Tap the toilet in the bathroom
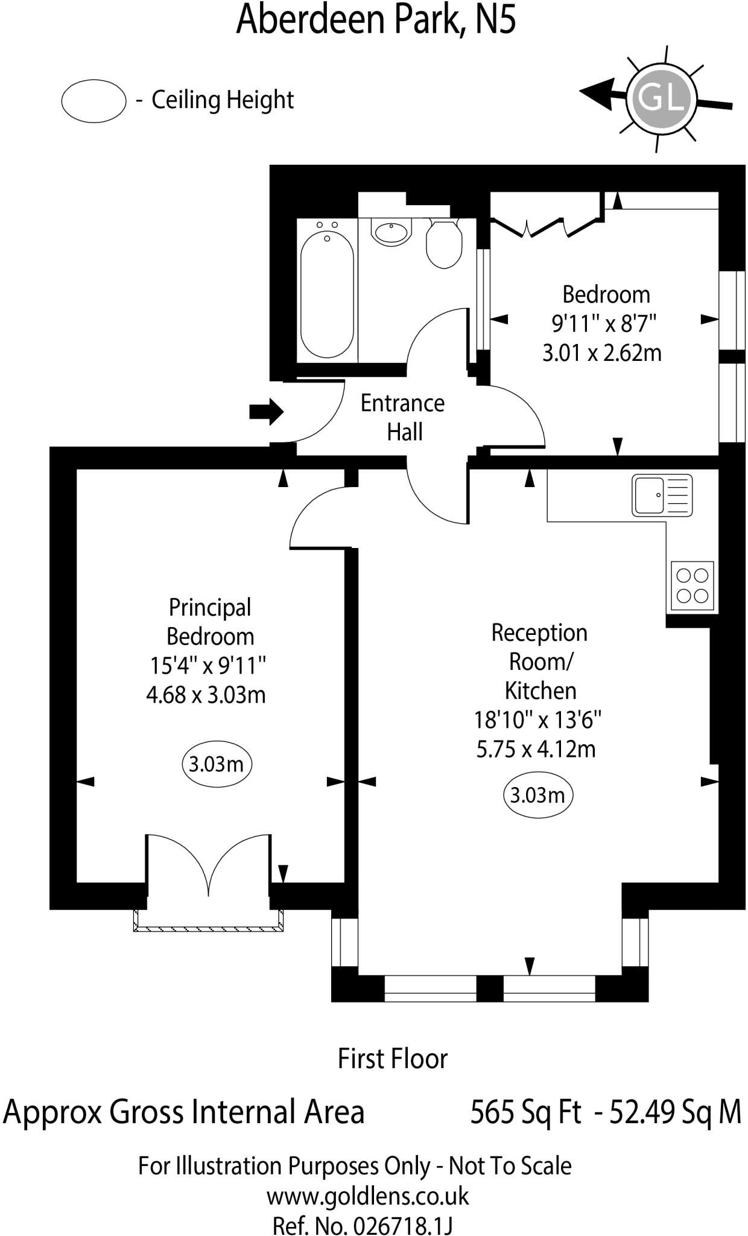[444, 244]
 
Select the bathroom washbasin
[391, 231]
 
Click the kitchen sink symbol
[662, 495]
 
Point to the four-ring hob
[692, 585]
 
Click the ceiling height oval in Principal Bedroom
[216, 764]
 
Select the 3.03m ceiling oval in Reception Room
[537, 795]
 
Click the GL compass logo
[661, 98]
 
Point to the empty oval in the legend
[93, 101]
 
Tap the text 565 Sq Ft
[525, 1111]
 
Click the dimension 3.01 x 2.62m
[601, 352]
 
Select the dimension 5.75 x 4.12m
[536, 749]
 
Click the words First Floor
[392, 1059]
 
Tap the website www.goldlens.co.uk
[367, 1196]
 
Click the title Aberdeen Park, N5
[376, 19]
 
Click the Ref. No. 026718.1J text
[362, 1225]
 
